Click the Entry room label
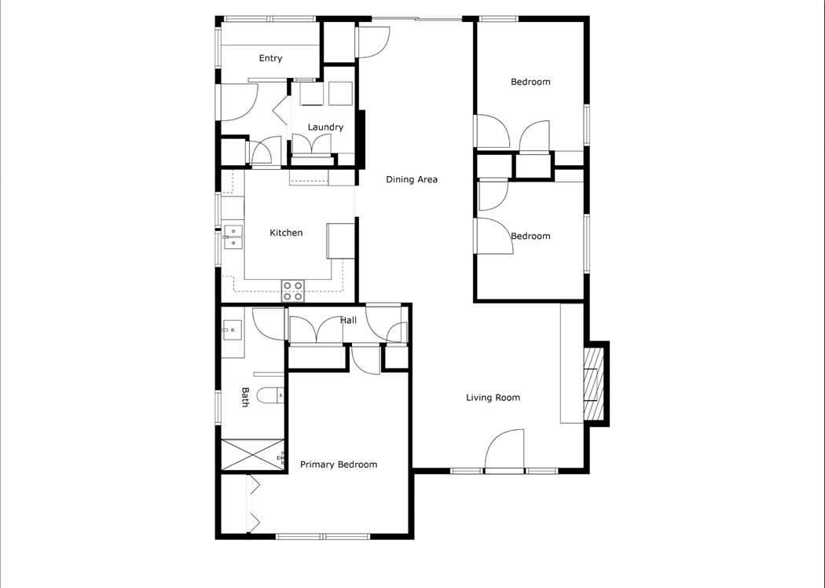coord(270,58)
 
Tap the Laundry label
coord(325,127)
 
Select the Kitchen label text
coord(286,233)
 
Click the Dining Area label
coord(411,179)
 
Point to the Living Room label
coord(493,398)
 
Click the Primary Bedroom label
coord(339,465)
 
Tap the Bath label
coord(245,397)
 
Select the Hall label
coord(348,320)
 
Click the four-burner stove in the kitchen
coord(293,291)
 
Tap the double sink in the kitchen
coord(233,237)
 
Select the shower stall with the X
coord(251,455)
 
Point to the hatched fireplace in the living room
coord(594,384)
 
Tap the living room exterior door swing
coord(506,451)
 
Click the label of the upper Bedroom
coord(530,82)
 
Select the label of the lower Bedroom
coord(530,236)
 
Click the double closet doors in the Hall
coord(315,329)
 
